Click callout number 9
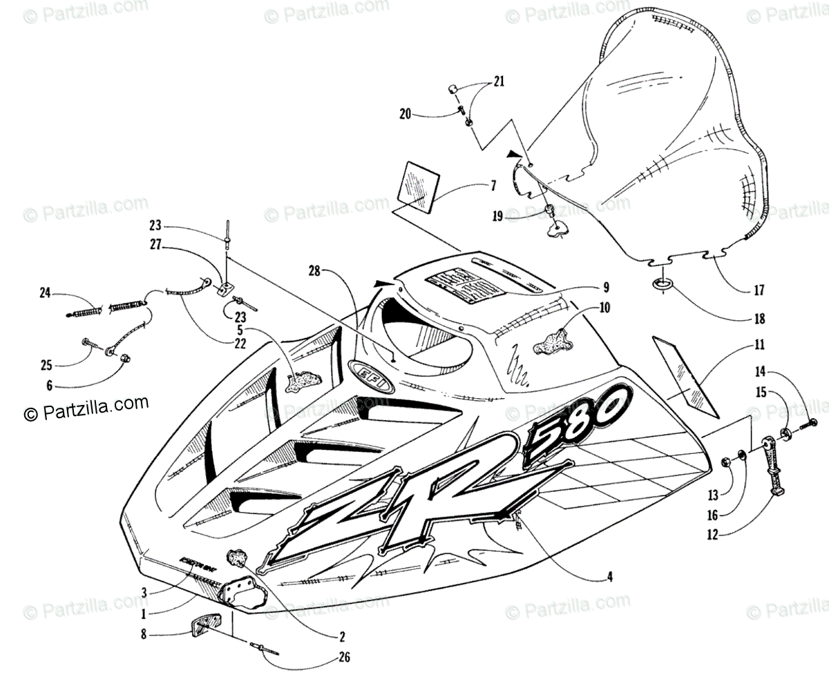click(x=605, y=287)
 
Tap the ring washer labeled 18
click(x=662, y=284)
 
